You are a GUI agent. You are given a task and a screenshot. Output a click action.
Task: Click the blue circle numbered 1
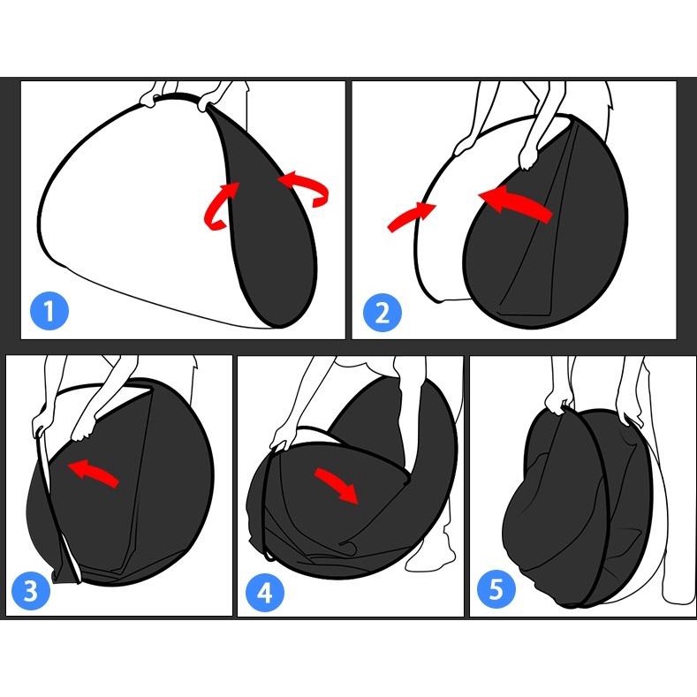pos(49,311)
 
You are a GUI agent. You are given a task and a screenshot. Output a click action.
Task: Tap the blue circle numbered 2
pos(383,312)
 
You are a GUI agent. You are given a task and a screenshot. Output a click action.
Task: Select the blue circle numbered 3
pos(31,591)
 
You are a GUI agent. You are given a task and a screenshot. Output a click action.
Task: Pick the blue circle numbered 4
pos(264,592)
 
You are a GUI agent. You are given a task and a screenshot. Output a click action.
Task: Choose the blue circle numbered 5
pos(496,589)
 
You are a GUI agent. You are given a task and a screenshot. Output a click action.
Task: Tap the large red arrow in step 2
pos(516,203)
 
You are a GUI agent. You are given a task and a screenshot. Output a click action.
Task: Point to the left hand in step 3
pos(39,423)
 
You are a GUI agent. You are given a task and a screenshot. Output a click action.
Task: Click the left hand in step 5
pos(557,402)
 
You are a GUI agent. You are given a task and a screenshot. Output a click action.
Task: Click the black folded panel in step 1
pos(267,218)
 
